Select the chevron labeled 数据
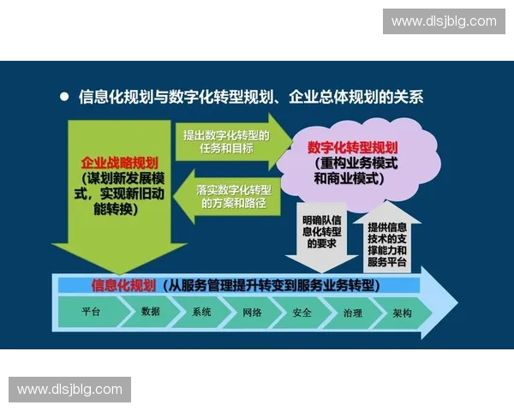point(151,313)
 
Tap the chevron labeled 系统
point(202,313)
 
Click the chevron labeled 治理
point(352,313)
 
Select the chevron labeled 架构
point(402,313)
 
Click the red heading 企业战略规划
point(120,162)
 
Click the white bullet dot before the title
point(63,97)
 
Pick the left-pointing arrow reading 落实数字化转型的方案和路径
point(230,196)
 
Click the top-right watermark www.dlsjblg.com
point(443,21)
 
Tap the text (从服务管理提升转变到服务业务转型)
point(274,285)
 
